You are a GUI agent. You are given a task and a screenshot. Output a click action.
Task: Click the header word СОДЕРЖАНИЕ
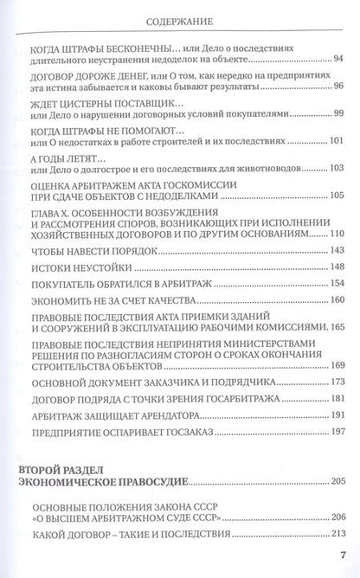pos(179,15)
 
